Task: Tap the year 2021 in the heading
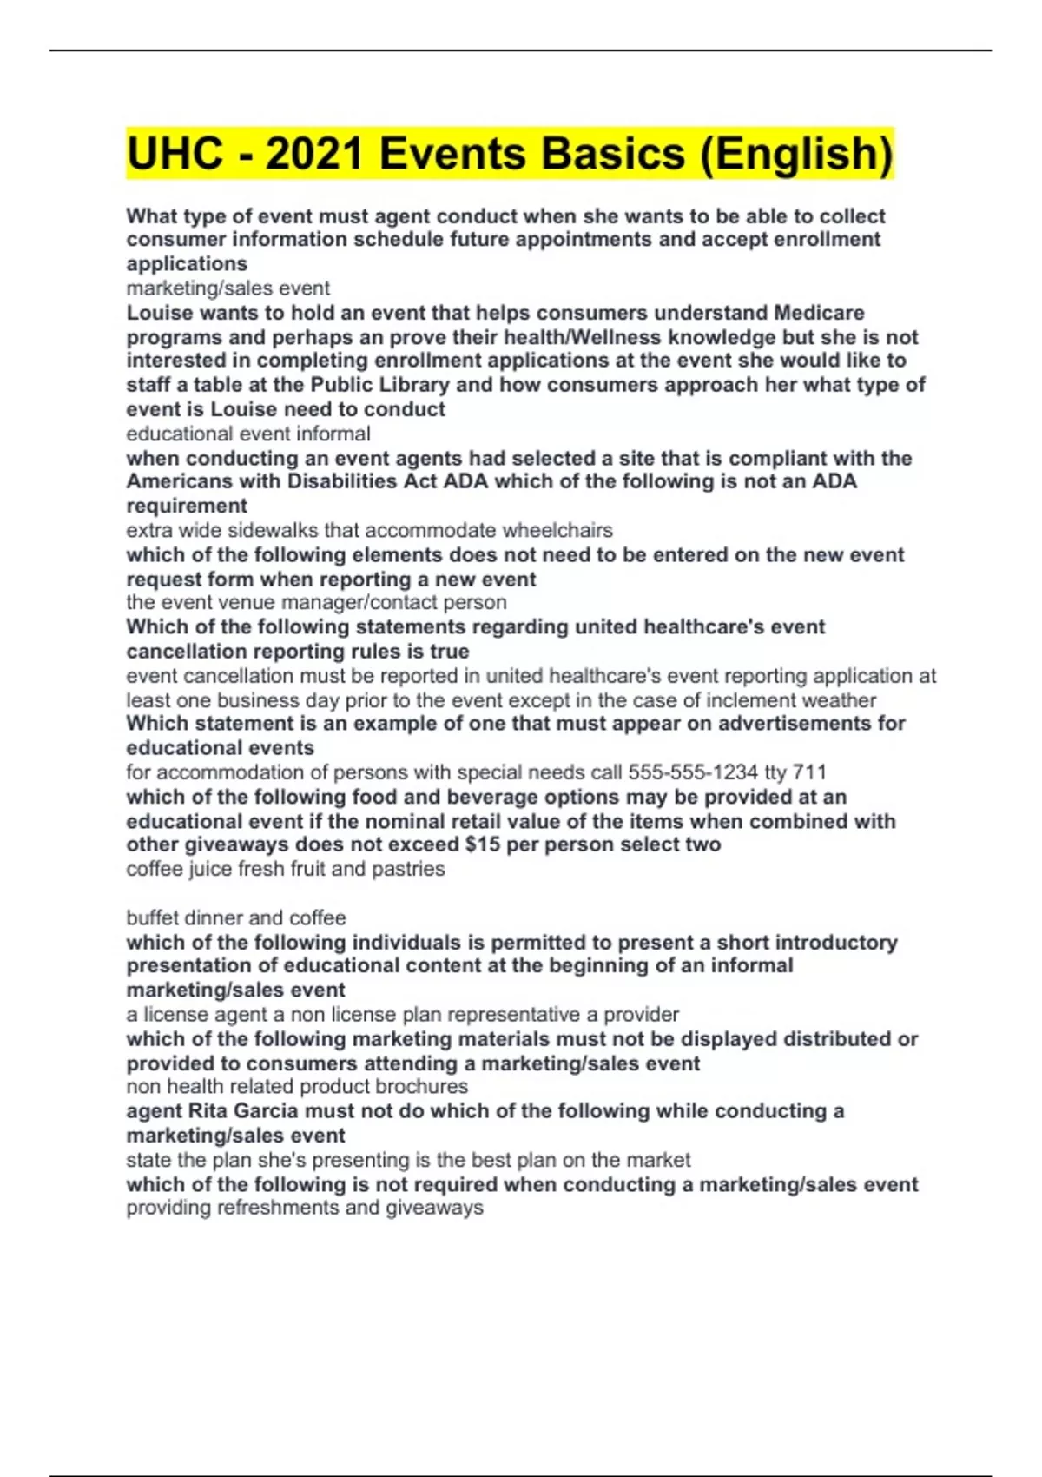pos(313,155)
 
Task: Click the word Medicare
pos(819,313)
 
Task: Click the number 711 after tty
pos(809,772)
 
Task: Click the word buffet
pos(153,918)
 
